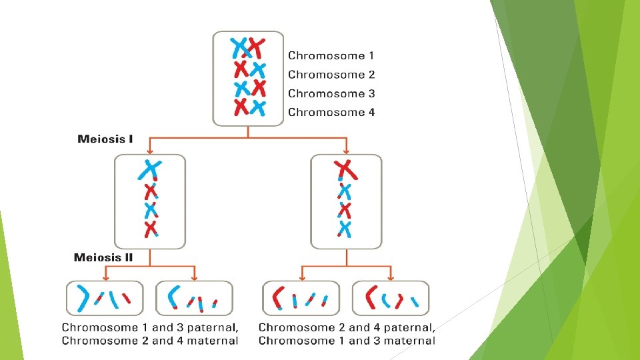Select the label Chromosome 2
tap(331, 75)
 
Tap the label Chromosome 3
tap(331, 93)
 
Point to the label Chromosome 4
tap(331, 112)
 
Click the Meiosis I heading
tap(105, 139)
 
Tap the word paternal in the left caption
tap(213, 327)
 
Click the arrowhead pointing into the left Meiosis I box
tap(149, 151)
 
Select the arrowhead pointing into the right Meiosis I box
tap(346, 151)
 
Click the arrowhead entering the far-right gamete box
tap(391, 277)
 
